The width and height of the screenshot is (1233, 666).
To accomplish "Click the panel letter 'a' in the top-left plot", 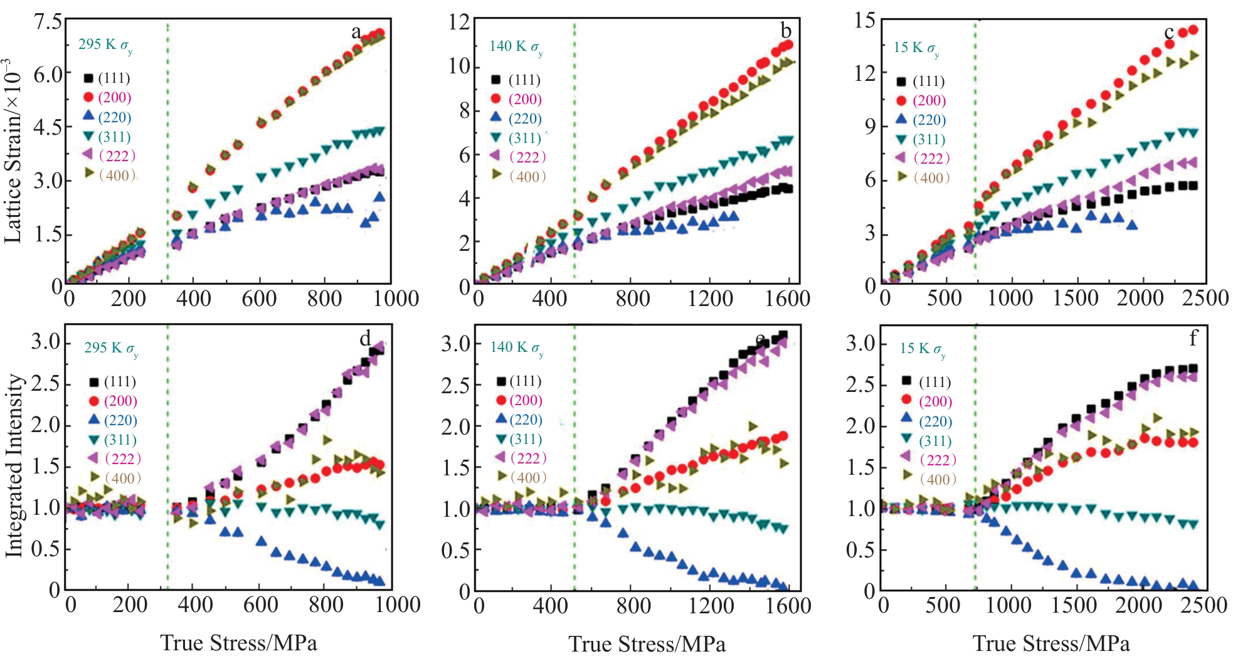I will [x=356, y=33].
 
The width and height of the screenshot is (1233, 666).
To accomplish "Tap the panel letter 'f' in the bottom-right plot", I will [x=1192, y=339].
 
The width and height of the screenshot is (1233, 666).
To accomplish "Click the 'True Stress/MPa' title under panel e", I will [x=647, y=644].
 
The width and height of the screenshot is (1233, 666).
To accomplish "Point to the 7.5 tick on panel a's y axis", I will [x=48, y=22].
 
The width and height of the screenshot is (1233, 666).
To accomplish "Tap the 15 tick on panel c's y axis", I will [x=865, y=21].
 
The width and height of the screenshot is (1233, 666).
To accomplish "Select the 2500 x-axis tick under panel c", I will [x=1205, y=298].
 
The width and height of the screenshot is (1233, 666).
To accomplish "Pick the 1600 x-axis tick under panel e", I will [x=788, y=606].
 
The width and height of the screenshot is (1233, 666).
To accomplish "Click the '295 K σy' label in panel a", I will [x=105, y=45].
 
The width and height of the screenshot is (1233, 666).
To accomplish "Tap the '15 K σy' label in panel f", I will [x=922, y=349].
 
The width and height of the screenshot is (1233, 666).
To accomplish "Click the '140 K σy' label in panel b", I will [x=516, y=47].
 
